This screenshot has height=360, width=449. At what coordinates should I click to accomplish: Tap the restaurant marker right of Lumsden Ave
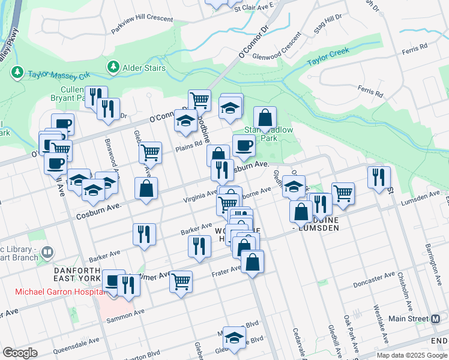pyautogui.click(x=379, y=177)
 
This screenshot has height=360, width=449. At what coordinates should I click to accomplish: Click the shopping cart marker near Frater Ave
pyautogui.click(x=181, y=280)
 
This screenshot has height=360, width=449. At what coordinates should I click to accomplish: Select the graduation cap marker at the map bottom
pyautogui.click(x=235, y=337)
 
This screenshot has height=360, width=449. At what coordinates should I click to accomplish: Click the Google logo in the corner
pyautogui.click(x=20, y=353)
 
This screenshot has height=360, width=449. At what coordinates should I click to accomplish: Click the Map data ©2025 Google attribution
pyautogui.click(x=411, y=355)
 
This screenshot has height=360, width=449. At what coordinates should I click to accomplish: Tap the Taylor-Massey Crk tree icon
pyautogui.click(x=17, y=73)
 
